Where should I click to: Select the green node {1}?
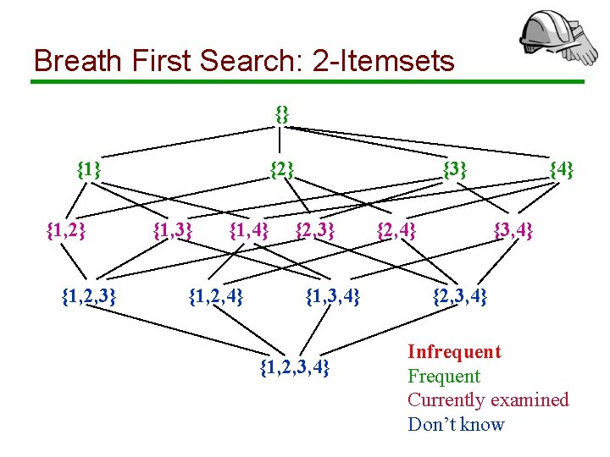point(89,169)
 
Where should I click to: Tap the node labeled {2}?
point(281,169)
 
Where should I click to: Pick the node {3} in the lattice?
point(455,169)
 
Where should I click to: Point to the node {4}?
point(561,169)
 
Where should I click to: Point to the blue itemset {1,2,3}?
point(89,296)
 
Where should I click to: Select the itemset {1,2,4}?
point(216,296)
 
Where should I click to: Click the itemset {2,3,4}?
point(460,296)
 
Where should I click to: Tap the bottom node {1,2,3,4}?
point(294,367)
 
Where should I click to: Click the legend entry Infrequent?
point(454,352)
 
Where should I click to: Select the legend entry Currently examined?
point(488,399)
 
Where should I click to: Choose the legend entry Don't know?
point(456,424)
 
